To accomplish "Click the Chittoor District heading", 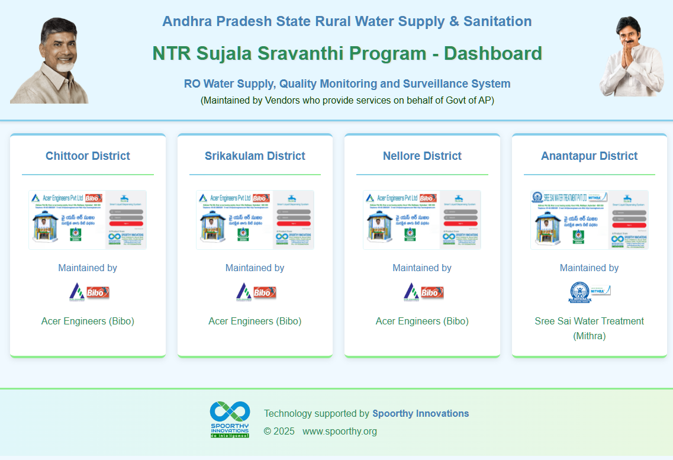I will (88, 156).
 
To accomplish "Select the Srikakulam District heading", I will (255, 156).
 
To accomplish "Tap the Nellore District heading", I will (422, 156).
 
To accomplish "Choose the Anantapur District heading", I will (590, 156).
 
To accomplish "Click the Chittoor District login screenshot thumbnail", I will (88, 220).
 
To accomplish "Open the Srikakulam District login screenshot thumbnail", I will (255, 220).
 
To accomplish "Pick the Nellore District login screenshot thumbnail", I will (422, 220).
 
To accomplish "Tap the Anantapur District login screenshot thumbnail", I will (590, 220).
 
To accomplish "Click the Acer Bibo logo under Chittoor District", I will (89, 292).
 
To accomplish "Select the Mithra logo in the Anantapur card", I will (590, 292).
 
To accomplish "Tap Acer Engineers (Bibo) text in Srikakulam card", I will (255, 321).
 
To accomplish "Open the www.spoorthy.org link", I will (340, 432).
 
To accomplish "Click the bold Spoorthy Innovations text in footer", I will (420, 414).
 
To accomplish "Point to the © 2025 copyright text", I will (279, 432).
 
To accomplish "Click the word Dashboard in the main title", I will (493, 53).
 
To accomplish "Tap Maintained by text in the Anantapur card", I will (590, 268).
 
